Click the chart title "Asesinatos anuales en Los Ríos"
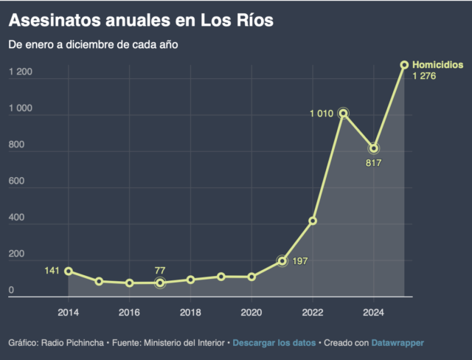point(141,20)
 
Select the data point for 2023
point(343,113)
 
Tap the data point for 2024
point(374,148)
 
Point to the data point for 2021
point(282,260)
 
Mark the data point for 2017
point(160,283)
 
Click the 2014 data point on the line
point(69,271)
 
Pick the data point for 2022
point(313,221)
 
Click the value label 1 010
point(322,113)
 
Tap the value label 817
point(374,162)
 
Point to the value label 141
point(52,271)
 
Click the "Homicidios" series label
point(437,65)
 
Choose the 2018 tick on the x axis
point(190,311)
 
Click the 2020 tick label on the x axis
point(251,311)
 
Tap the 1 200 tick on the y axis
point(20,72)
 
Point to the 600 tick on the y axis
point(16,181)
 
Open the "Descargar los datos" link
point(275,343)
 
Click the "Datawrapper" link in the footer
point(398,343)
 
